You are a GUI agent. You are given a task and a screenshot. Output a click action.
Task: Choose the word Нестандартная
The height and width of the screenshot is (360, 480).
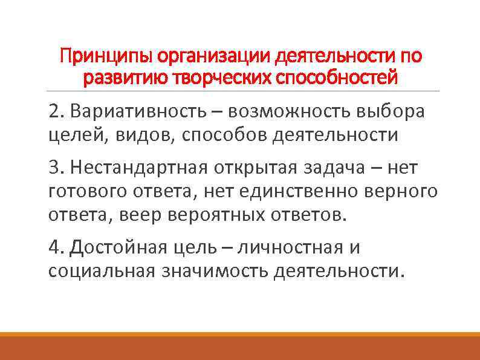coord(136,168)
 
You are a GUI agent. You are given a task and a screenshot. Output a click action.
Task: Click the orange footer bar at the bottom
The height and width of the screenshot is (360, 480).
coord(240,347)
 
